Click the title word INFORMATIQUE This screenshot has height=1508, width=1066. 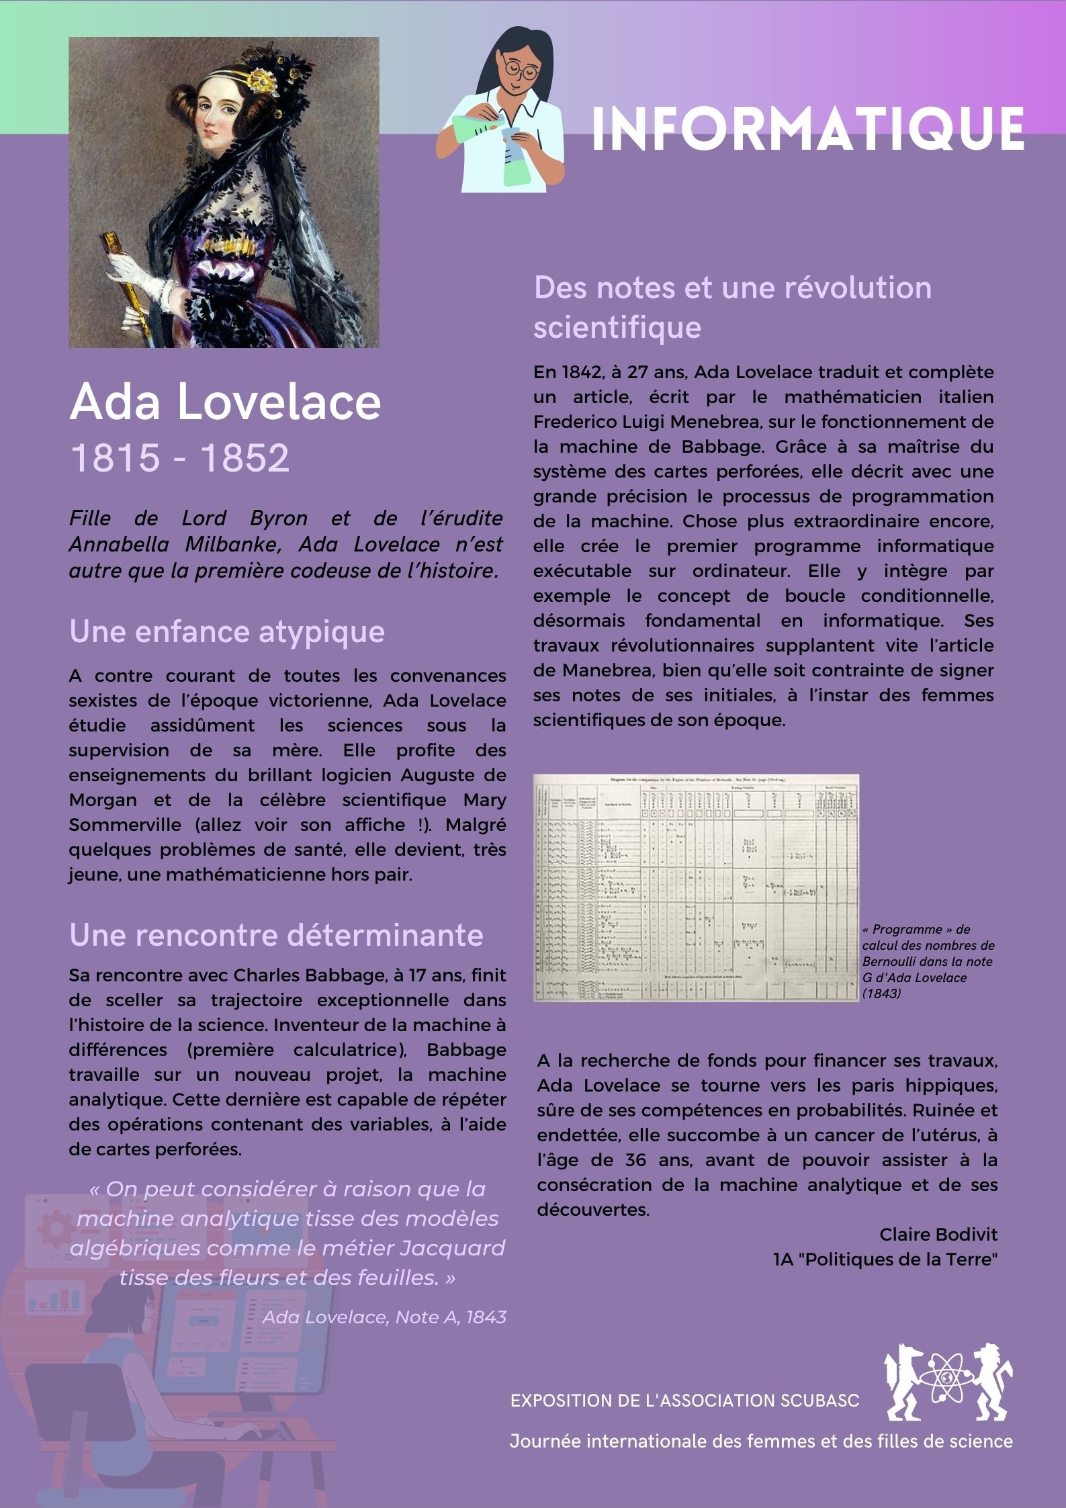tap(807, 128)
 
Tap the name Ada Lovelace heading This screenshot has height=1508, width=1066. tap(225, 402)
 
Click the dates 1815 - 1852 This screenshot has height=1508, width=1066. tap(179, 458)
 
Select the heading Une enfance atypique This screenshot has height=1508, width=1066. tap(227, 632)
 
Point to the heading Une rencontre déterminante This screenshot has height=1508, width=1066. tap(276, 935)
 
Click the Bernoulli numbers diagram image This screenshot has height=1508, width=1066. tap(696, 888)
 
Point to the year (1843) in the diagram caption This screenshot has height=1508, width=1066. tap(881, 993)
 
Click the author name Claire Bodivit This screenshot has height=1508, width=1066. tap(938, 1235)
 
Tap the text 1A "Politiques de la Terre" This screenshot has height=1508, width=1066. tap(885, 1259)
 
